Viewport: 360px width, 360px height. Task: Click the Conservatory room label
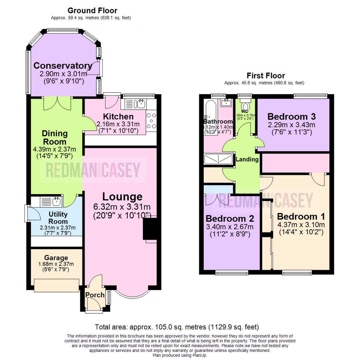point(63,65)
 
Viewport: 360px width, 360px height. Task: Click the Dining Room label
point(55,137)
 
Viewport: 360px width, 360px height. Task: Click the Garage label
point(56,258)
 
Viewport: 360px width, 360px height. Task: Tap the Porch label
point(95,295)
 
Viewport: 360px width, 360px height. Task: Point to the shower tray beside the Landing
point(218,159)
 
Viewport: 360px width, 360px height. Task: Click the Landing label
point(247,159)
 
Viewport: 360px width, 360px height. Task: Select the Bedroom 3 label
point(291,117)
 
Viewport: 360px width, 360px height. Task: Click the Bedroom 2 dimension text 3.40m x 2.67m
point(230,227)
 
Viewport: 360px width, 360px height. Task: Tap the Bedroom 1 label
point(301,216)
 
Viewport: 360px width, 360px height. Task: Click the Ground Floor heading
point(92,11)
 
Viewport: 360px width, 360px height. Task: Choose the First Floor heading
point(266,75)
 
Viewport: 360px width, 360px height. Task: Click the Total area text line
point(177,327)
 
